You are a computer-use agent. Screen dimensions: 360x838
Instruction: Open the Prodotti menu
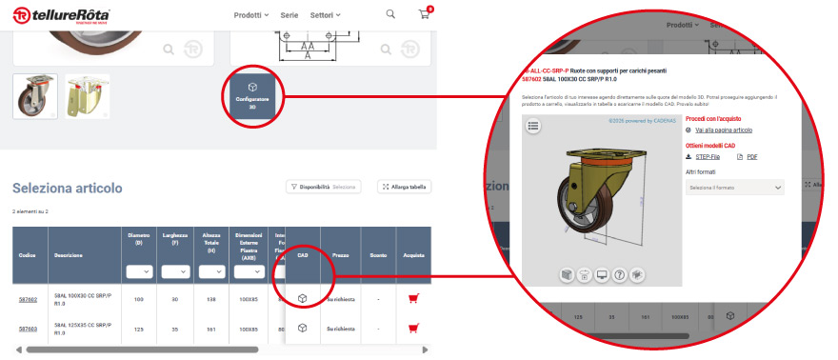click(251, 15)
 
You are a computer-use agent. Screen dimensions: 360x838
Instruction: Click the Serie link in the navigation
click(289, 15)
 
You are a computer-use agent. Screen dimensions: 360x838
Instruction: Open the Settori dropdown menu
click(325, 15)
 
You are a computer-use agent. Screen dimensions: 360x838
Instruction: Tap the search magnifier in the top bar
click(390, 14)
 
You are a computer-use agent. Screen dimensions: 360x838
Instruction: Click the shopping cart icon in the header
click(424, 15)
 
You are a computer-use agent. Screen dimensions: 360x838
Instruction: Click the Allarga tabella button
click(405, 187)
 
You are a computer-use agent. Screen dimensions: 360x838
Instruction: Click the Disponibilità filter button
click(324, 187)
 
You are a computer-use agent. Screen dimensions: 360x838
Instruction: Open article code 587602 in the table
click(28, 299)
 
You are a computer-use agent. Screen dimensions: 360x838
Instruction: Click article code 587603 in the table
click(28, 329)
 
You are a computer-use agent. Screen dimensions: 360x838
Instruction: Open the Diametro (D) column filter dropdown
click(139, 271)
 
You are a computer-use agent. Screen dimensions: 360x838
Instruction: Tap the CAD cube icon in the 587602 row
click(303, 299)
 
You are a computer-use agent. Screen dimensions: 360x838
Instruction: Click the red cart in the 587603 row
click(412, 329)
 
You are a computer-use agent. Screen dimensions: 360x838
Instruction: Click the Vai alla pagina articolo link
click(723, 129)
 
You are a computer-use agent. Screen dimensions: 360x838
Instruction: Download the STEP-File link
click(707, 156)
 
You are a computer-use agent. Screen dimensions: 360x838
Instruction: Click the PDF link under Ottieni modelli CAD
click(750, 156)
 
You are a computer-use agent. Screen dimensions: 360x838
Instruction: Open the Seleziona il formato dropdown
click(734, 188)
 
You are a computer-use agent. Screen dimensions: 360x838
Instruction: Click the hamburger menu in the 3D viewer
click(532, 125)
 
